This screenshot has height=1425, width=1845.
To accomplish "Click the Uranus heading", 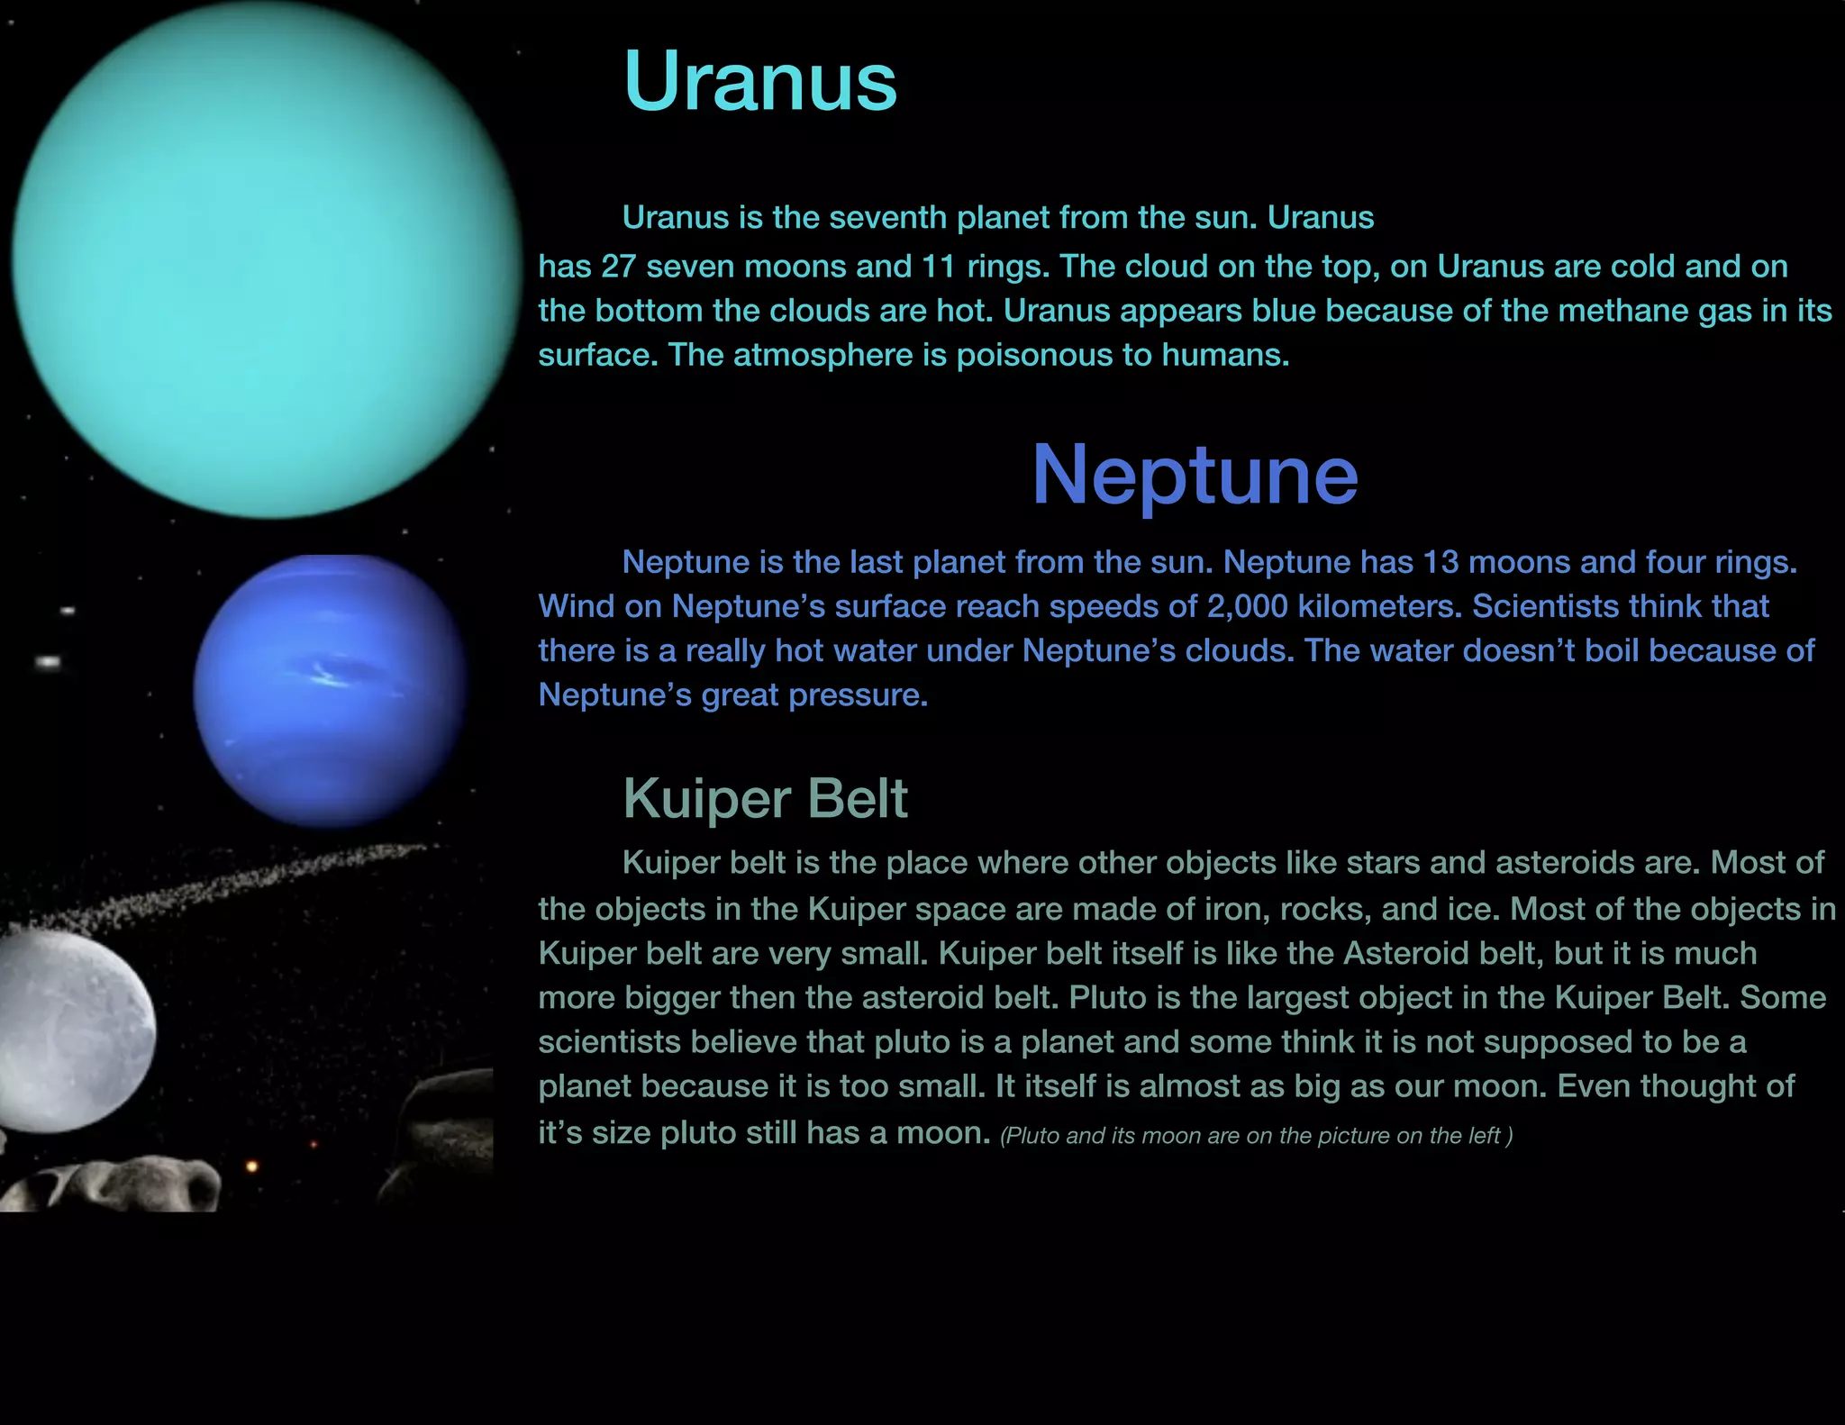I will tap(759, 82).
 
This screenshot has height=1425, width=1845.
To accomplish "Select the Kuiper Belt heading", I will tap(765, 798).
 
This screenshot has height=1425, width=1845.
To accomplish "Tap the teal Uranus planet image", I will tap(266, 259).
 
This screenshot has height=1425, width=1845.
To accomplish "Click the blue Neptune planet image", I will tap(330, 691).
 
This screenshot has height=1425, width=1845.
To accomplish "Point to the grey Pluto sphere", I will tap(72, 1031).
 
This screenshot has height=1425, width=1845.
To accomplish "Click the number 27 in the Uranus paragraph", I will tap(618, 267).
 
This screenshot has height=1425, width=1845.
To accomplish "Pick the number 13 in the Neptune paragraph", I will tap(1441, 562).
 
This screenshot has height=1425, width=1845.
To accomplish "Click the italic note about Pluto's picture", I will tap(1256, 1136).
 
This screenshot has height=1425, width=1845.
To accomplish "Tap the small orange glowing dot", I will tap(252, 1166).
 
